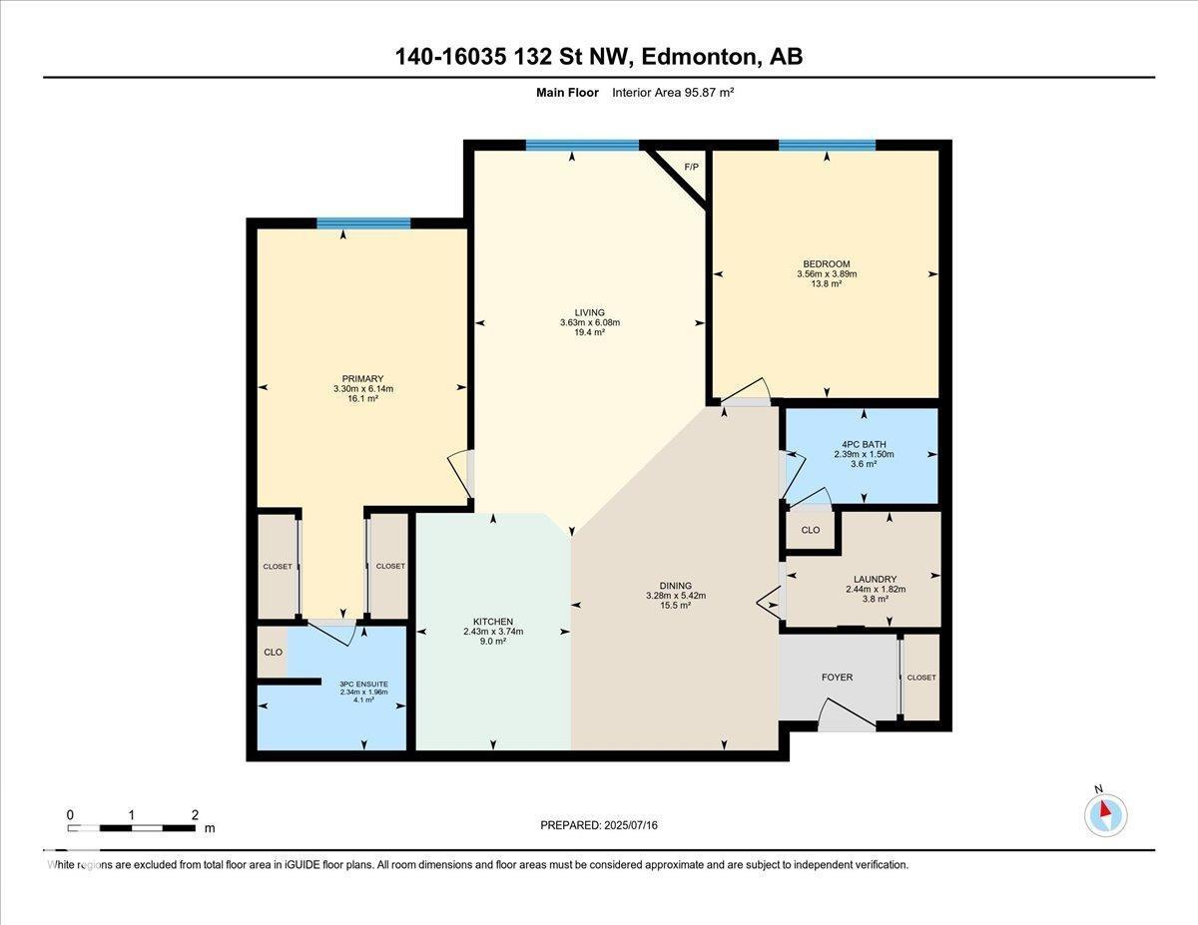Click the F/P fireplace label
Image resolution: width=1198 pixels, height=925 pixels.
691,167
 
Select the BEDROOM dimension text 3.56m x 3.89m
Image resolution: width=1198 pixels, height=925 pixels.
827,274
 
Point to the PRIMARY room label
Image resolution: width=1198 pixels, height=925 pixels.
362,378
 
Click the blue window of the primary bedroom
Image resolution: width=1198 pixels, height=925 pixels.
363,224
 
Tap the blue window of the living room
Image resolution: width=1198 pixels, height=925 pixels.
582,146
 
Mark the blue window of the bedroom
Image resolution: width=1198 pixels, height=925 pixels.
827,146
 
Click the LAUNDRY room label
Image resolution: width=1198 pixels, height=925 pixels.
875,579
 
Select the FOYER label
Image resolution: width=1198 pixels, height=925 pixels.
837,678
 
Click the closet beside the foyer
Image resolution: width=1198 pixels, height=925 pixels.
921,678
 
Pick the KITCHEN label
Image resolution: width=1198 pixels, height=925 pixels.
493,622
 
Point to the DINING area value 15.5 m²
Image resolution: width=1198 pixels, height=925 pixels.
676,606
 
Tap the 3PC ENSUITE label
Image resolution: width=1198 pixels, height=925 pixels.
362,684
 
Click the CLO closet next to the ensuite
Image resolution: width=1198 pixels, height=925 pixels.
273,652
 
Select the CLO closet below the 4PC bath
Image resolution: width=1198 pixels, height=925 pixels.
811,530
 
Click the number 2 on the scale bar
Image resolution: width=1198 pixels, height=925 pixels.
195,814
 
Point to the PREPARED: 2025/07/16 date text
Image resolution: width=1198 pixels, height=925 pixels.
599,825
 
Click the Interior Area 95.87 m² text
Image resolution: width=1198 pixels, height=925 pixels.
674,92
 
